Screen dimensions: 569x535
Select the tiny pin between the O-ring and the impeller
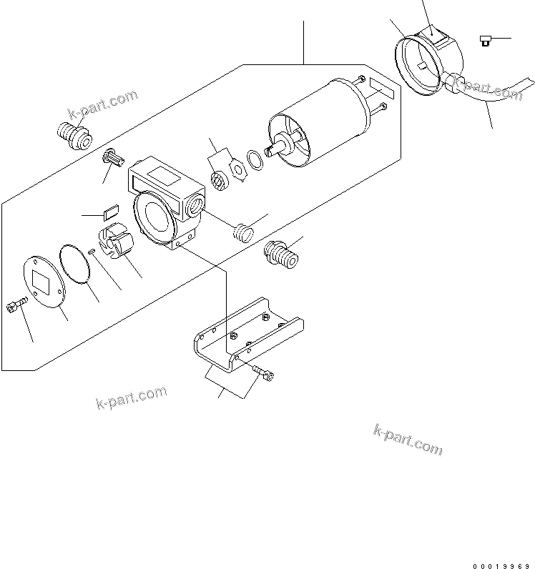point(93,249)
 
